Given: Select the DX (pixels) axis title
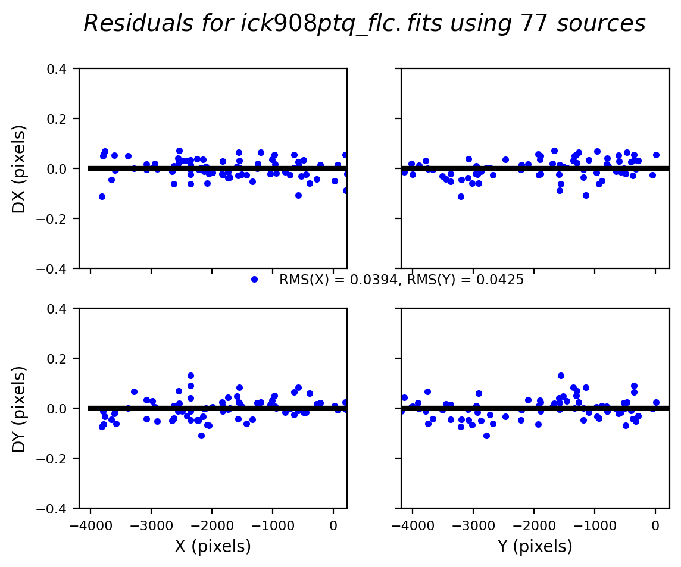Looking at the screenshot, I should click(20, 168).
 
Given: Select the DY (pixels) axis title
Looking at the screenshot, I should click(20, 409).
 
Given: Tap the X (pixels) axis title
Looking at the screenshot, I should click(213, 546).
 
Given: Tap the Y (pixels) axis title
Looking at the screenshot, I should click(535, 546).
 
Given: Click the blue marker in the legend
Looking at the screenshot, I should click(254, 279).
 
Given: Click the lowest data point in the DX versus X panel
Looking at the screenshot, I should click(102, 196).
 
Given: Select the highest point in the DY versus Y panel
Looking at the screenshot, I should click(561, 375).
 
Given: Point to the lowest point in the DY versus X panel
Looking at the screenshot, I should click(201, 436).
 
